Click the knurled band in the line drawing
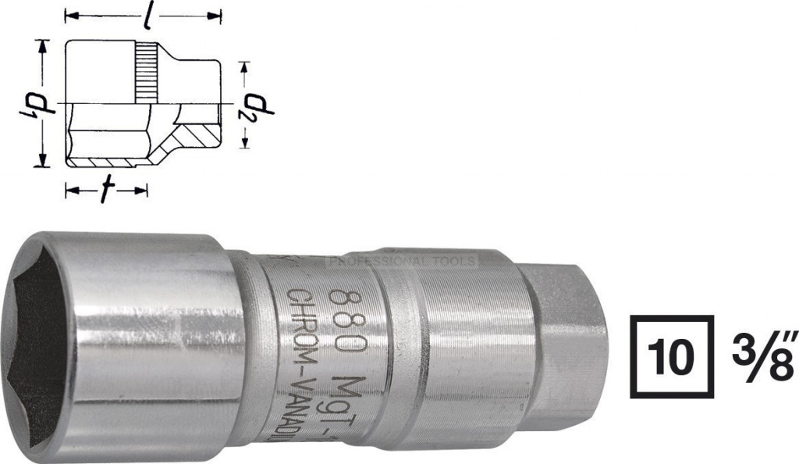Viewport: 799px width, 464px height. tap(147, 73)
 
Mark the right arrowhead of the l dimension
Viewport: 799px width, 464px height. tap(218, 15)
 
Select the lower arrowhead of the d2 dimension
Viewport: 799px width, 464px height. tap(247, 142)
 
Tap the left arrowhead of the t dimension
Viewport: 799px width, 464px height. tap(69, 190)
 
